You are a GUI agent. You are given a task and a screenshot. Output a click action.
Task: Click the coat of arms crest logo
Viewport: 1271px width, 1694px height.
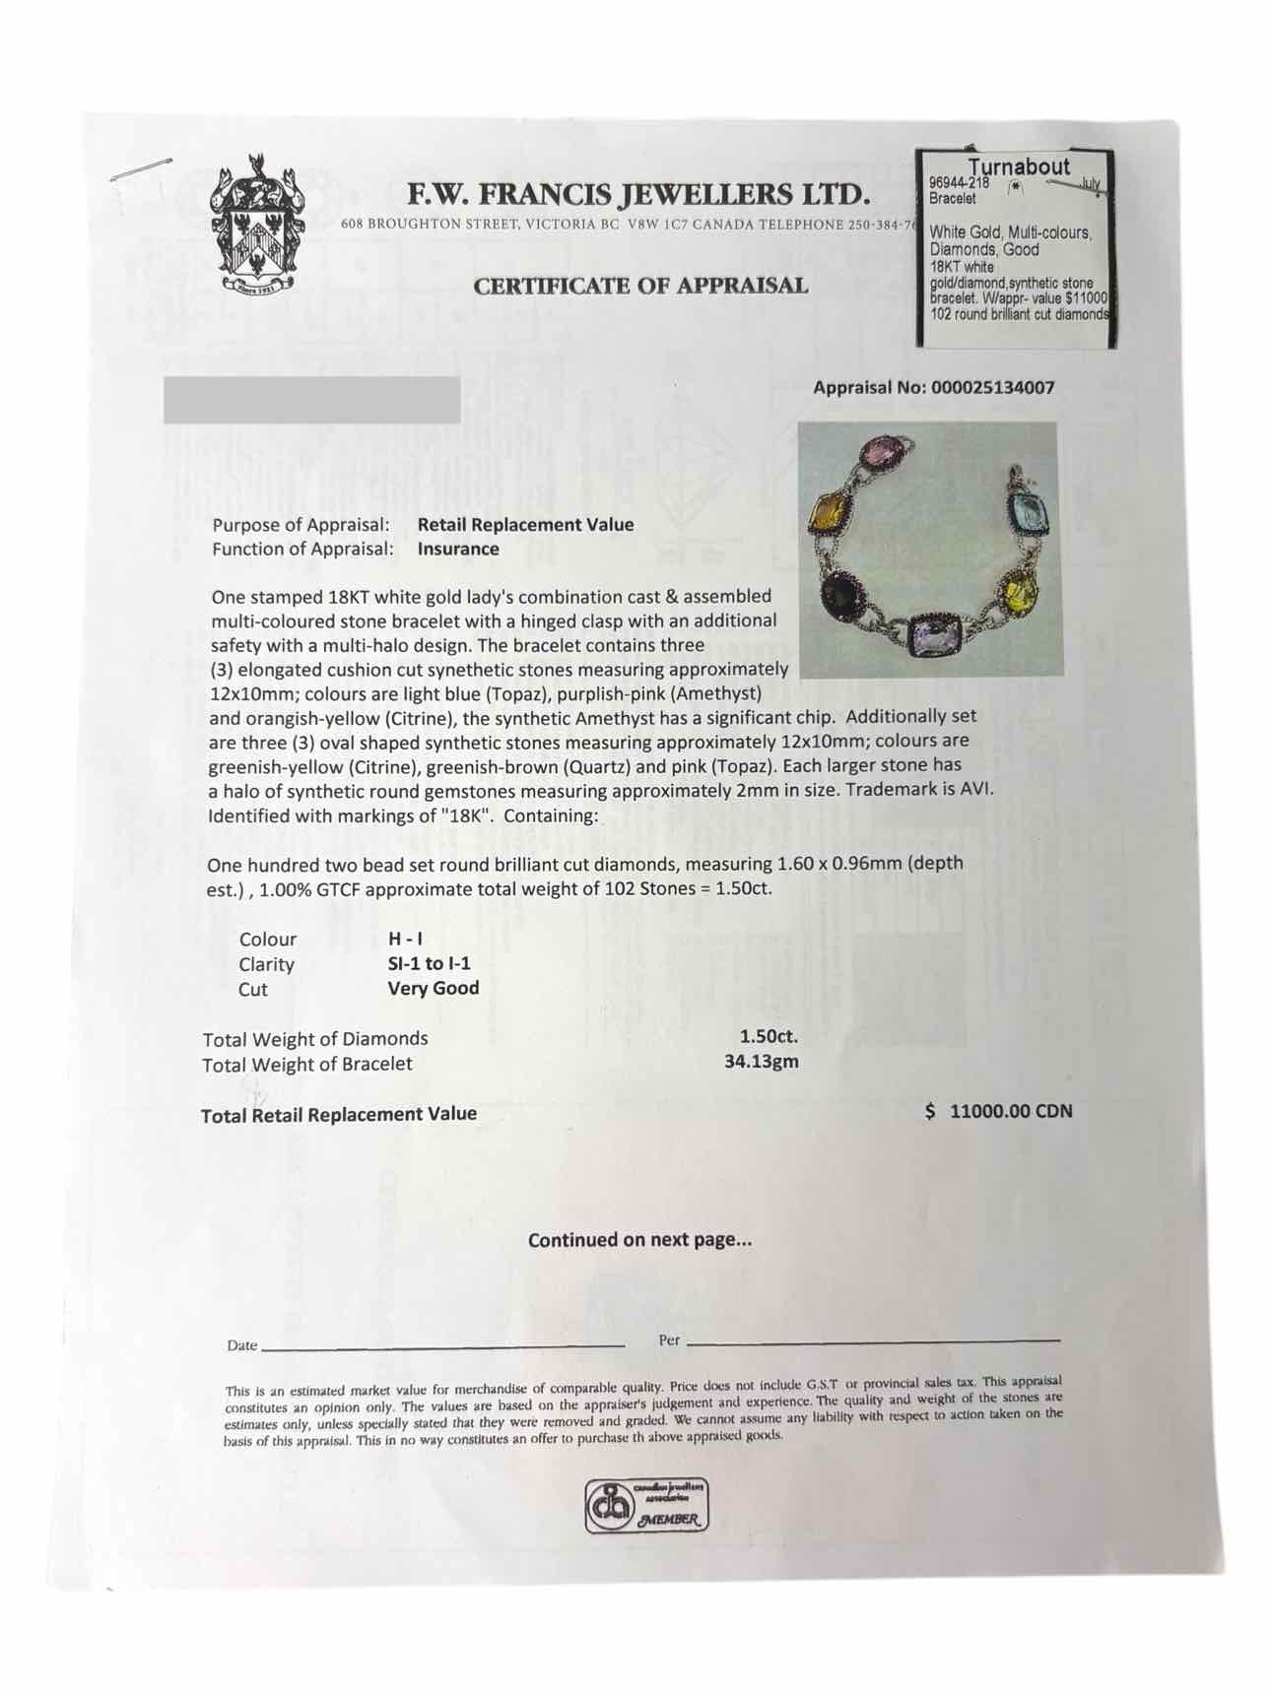[256, 225]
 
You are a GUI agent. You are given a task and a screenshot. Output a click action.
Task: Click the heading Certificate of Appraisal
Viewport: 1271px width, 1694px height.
[640, 287]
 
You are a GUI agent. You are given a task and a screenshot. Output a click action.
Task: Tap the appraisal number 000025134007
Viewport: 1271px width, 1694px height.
[992, 388]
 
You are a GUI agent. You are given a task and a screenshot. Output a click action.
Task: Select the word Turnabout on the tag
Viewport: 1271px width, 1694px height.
[1018, 167]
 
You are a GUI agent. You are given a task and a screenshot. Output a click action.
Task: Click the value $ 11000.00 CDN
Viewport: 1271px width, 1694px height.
[999, 1112]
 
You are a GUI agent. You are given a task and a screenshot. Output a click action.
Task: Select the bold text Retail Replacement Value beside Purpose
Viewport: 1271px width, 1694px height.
[525, 525]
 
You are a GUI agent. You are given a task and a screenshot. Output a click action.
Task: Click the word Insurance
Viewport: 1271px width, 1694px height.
[458, 550]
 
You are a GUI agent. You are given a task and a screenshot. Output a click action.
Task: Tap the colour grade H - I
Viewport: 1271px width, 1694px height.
[406, 940]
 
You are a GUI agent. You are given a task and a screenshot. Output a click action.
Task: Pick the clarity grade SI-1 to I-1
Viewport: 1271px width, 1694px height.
[429, 964]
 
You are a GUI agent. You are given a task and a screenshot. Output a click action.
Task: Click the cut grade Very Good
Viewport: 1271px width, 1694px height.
[434, 989]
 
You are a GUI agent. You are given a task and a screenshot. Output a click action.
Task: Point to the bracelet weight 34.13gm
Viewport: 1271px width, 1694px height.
[761, 1062]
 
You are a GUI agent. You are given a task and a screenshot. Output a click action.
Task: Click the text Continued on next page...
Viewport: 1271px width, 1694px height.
[639, 1241]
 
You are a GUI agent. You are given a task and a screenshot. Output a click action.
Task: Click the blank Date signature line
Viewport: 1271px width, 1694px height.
[443, 1345]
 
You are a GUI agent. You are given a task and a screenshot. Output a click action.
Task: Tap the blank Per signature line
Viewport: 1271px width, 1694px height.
[872, 1341]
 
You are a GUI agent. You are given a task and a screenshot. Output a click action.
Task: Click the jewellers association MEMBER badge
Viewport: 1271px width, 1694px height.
[646, 1507]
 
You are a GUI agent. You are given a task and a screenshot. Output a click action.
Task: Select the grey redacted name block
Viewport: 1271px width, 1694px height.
[311, 400]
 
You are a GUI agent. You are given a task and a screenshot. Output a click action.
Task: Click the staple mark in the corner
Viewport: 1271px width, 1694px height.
[141, 169]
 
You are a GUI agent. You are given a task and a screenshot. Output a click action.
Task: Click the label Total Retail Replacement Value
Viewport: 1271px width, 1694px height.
[339, 1115]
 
